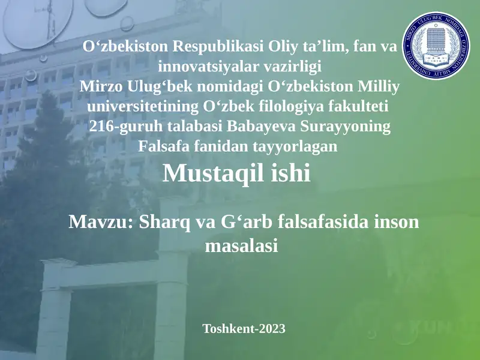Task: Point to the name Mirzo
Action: click(100, 88)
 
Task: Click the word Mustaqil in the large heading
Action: click(217, 175)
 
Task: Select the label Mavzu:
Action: click(100, 223)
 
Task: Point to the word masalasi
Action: click(241, 245)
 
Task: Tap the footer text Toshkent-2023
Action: click(244, 329)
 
